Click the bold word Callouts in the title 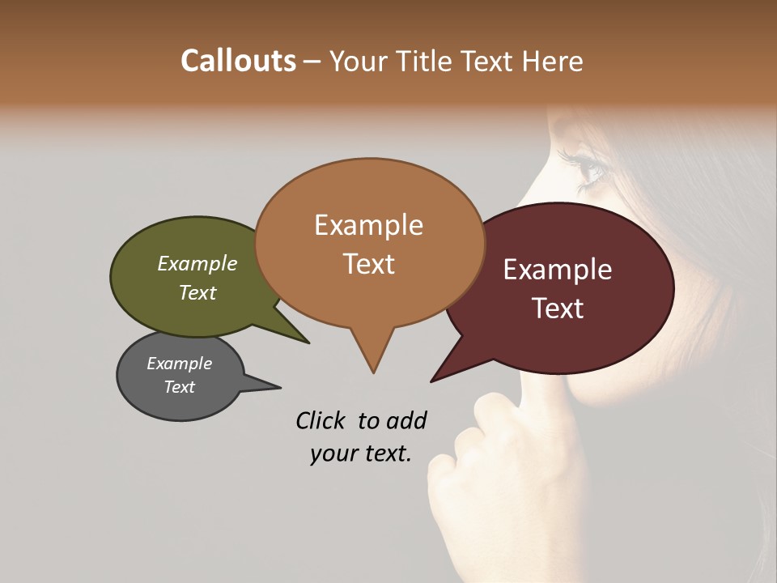tap(238, 61)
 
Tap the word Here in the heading tap(550, 62)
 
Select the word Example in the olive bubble tap(197, 263)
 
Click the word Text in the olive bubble tap(197, 292)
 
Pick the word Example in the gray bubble tap(179, 364)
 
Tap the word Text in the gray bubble tap(179, 387)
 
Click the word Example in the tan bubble tap(368, 225)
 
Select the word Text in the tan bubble tap(368, 264)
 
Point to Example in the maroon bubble tap(558, 269)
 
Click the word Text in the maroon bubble tap(558, 308)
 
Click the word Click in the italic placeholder tap(323, 420)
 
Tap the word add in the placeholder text tap(406, 420)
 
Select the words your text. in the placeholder tap(361, 453)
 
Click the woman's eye tap(589, 168)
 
